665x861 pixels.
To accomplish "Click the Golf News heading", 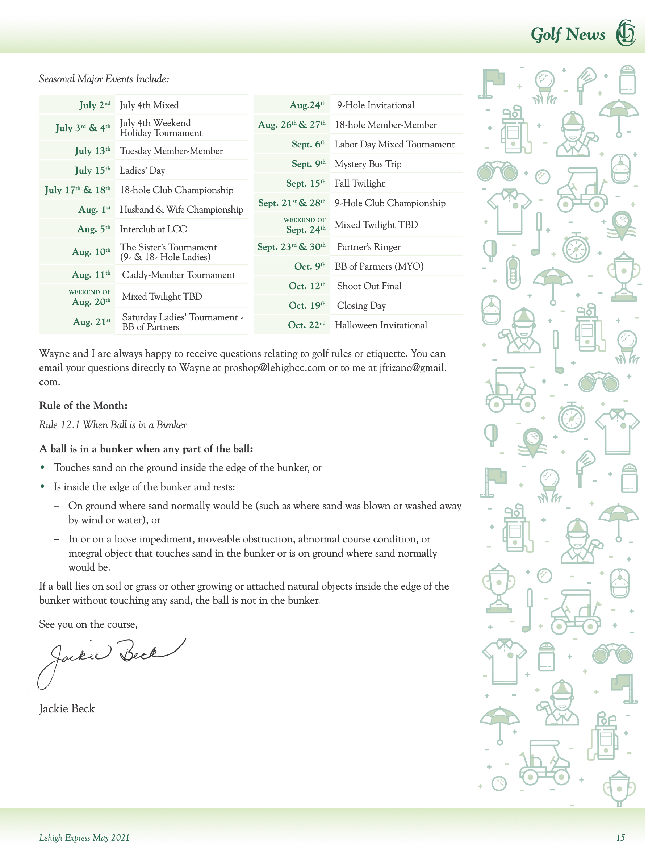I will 567,34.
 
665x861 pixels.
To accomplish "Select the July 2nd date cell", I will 95,105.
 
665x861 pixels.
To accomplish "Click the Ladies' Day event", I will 142,170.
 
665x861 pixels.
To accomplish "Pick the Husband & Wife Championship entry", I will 181,209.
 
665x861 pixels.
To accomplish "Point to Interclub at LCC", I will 153,229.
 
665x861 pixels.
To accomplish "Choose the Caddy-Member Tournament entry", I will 179,275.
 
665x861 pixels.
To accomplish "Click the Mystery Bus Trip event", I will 368,164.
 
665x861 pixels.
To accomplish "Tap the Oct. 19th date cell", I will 307,305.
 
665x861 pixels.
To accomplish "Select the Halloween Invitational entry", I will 381,325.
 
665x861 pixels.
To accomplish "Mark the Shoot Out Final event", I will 369,286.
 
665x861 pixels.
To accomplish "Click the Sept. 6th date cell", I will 309,144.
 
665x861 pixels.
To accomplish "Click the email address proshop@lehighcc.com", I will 275,368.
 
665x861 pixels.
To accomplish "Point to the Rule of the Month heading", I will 83,405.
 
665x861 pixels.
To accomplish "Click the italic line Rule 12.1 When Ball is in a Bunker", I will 113,425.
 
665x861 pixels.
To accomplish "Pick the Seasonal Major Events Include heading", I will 104,79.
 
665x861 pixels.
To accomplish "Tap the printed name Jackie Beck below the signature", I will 67,709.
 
